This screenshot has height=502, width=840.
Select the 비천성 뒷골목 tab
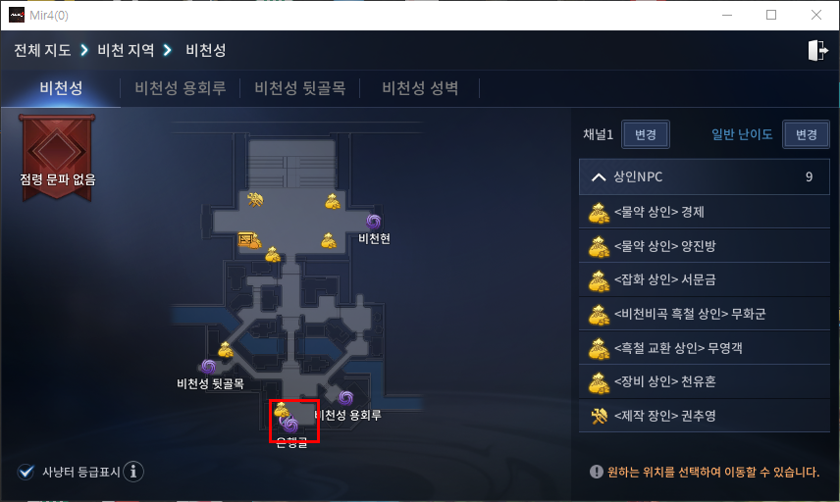300,88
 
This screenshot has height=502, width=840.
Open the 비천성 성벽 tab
420,88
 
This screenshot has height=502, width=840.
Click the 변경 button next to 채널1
646,134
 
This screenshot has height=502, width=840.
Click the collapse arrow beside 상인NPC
598,177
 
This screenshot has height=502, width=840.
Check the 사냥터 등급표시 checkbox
26,472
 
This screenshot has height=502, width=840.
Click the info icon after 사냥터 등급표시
133,472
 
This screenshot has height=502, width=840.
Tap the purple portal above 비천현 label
373,222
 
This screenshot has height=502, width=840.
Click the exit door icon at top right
816,51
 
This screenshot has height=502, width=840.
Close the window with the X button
815,15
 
